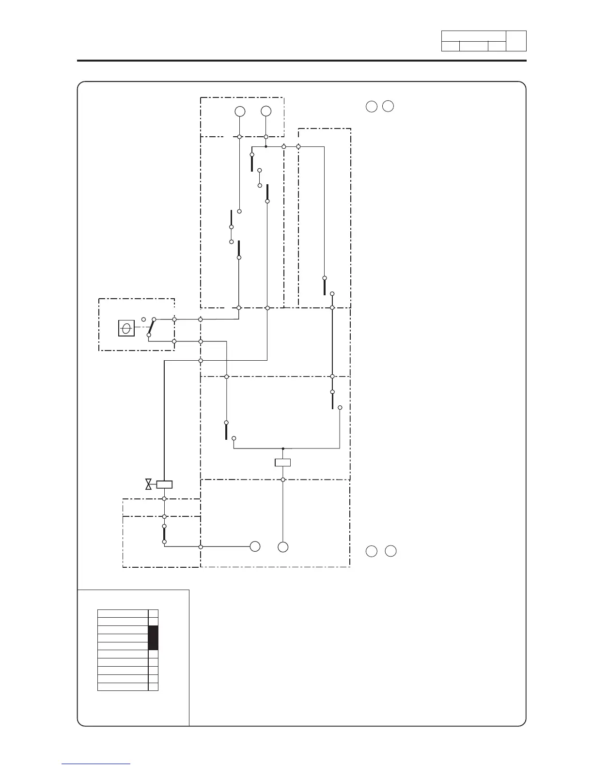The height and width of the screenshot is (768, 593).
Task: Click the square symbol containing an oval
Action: point(126,329)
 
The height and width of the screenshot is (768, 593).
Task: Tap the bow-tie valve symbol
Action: point(149,484)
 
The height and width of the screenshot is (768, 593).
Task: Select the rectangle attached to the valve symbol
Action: point(164,484)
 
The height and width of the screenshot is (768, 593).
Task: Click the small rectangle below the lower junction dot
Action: point(282,463)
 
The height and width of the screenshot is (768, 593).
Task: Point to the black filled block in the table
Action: point(153,638)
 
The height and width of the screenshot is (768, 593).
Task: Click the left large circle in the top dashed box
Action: point(239,112)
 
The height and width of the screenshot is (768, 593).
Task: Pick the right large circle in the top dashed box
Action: point(266,112)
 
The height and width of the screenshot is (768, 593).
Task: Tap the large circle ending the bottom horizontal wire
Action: point(255,546)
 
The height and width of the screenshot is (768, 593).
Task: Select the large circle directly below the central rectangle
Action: point(283,547)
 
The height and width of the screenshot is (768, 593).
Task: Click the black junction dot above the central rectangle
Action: point(283,448)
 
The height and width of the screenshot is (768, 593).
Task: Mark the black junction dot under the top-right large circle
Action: point(266,146)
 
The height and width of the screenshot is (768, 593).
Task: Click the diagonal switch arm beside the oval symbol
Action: point(151,327)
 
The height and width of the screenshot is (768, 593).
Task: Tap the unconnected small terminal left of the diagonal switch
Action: point(143,319)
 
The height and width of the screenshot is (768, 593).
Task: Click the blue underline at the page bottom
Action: point(96,764)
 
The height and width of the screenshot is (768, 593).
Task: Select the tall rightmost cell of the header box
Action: point(516,41)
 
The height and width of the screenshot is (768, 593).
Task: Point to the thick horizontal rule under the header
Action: point(301,61)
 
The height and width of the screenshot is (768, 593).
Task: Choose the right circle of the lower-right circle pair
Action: point(391,551)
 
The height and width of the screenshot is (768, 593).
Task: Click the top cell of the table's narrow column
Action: point(153,613)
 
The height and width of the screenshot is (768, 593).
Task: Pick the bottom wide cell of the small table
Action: point(123,687)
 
